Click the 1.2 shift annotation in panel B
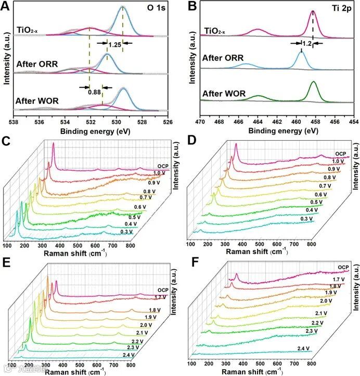(x=307, y=44)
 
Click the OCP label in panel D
(x=340, y=154)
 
